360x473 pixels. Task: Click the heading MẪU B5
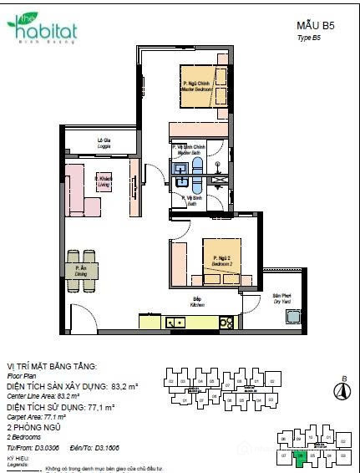pyautogui.click(x=315, y=26)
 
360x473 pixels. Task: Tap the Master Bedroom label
pyautogui.click(x=195, y=86)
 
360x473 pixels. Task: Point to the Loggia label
pyautogui.click(x=104, y=141)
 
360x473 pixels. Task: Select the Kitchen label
pyautogui.click(x=197, y=301)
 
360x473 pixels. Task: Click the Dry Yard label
pyautogui.click(x=281, y=298)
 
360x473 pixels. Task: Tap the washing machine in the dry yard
pyautogui.click(x=292, y=316)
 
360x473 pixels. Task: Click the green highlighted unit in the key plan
pyautogui.click(x=300, y=457)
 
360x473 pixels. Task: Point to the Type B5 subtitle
pyautogui.click(x=309, y=39)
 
